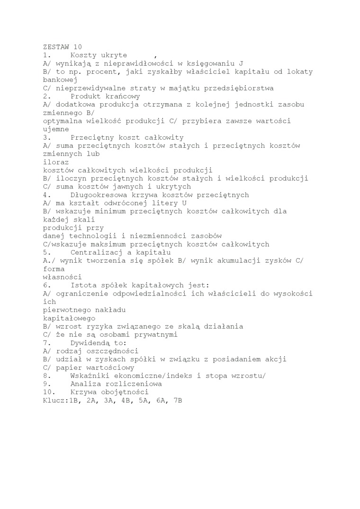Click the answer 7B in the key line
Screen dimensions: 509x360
coord(178,400)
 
